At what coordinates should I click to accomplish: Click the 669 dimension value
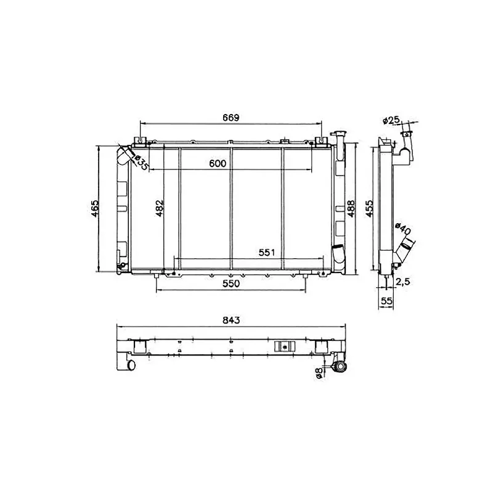coord(230,118)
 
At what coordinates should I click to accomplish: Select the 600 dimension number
coord(218,163)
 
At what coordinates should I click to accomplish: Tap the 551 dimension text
coord(267,253)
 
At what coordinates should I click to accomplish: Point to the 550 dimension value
coord(231,283)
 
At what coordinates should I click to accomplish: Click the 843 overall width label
coord(231,320)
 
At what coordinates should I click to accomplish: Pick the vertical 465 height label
coord(95,208)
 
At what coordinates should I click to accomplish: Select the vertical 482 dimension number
coord(160,208)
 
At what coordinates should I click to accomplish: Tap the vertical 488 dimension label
coord(351,208)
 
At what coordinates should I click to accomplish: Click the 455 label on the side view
coord(369,208)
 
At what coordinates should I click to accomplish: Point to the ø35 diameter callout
coord(141,163)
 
